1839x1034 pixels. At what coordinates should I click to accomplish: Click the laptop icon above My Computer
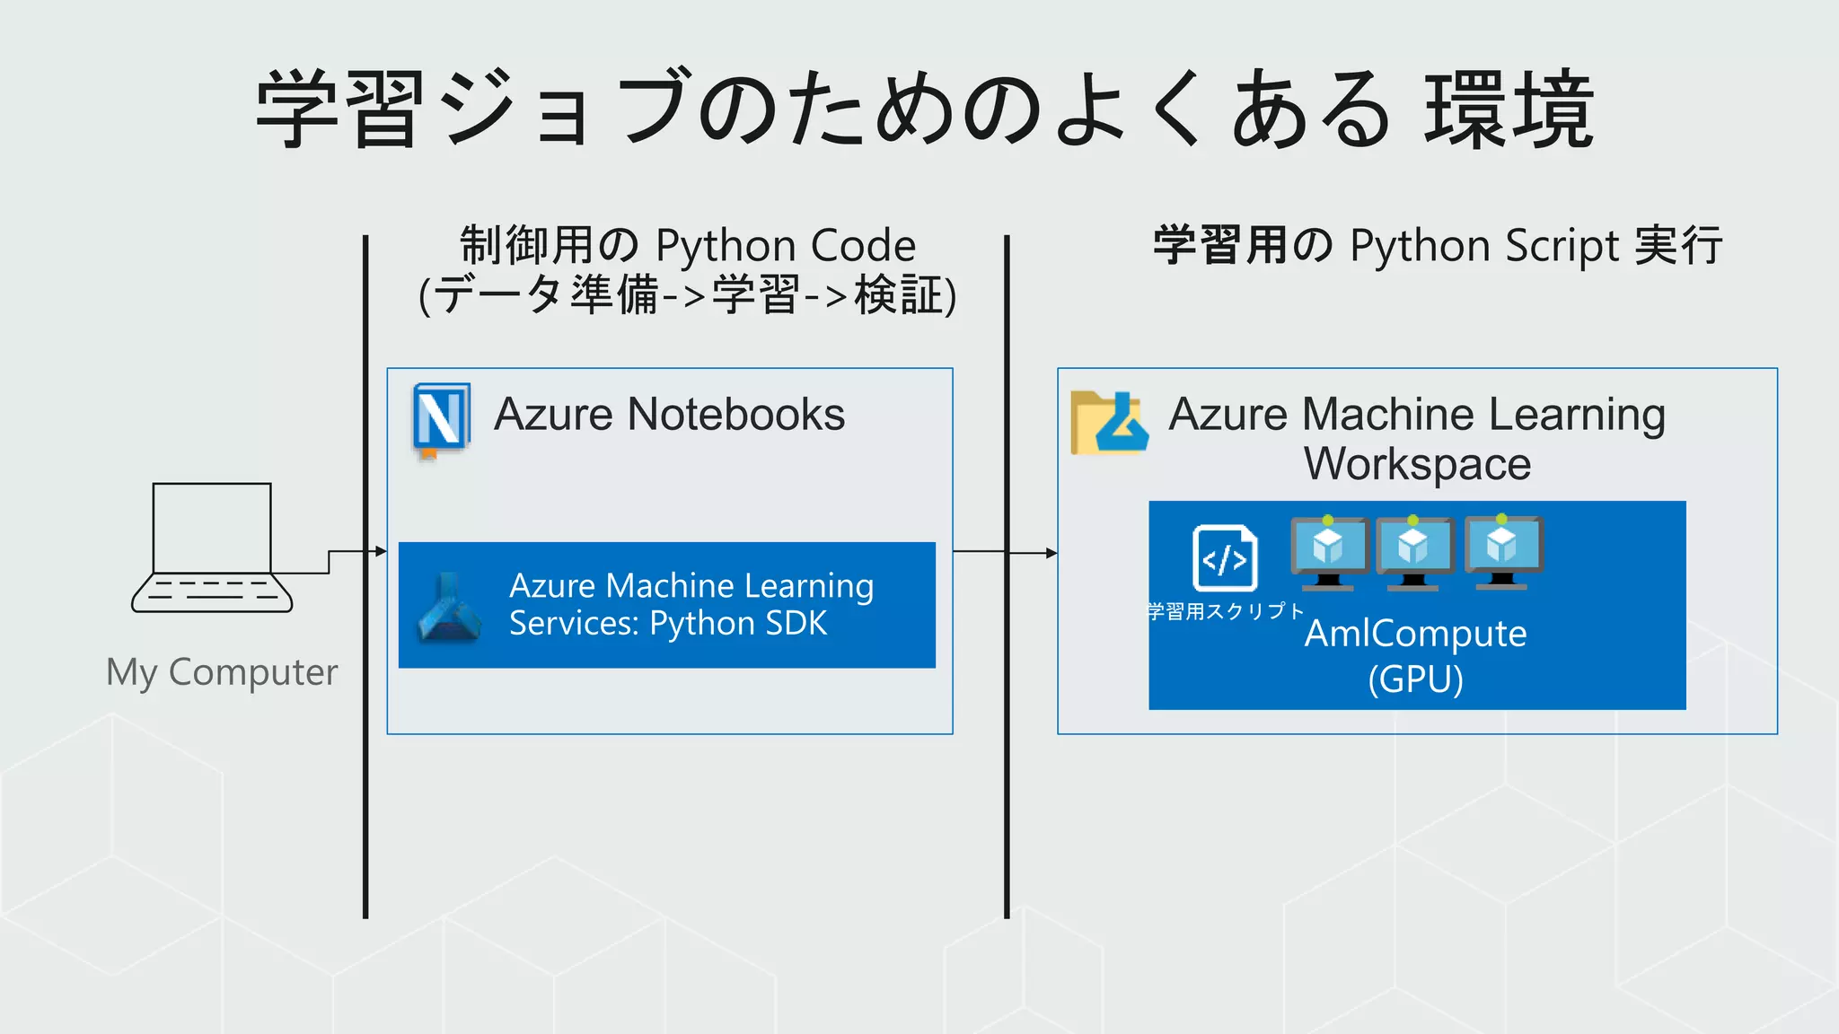[212, 548]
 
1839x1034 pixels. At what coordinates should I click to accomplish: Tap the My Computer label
[222, 672]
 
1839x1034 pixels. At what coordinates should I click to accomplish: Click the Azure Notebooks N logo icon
[440, 418]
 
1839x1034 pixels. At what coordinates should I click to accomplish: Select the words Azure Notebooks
[669, 415]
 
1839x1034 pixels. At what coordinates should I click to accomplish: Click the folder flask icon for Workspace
[1109, 423]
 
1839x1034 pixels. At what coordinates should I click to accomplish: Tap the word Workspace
[1417, 464]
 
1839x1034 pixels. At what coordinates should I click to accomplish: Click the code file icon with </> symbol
[1225, 558]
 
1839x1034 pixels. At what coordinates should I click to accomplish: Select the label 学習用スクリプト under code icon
[1225, 611]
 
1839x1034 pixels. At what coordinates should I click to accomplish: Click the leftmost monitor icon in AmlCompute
[1328, 552]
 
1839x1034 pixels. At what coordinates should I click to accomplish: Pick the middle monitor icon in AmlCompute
[1413, 552]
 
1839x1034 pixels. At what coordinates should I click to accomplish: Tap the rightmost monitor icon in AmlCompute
[1502, 550]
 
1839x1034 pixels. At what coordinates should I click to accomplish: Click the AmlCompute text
[1415, 634]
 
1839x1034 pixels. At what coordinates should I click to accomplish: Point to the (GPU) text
[1415, 679]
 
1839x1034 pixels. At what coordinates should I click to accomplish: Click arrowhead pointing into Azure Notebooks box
[381, 551]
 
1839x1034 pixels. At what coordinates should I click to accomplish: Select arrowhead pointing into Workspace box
[1051, 553]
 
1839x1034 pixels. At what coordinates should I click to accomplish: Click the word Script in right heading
[1562, 246]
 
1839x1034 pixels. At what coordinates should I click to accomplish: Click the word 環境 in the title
[1509, 110]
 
